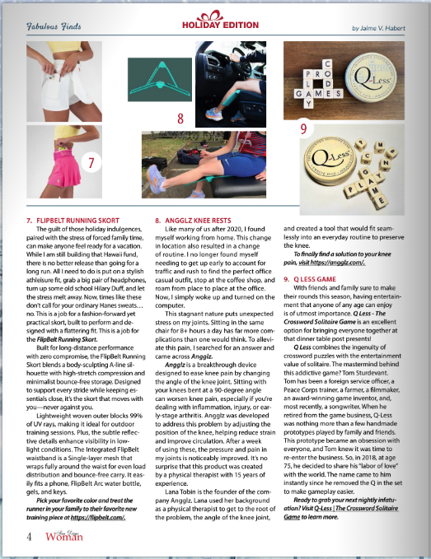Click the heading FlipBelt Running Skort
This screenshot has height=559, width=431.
point(75,220)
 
